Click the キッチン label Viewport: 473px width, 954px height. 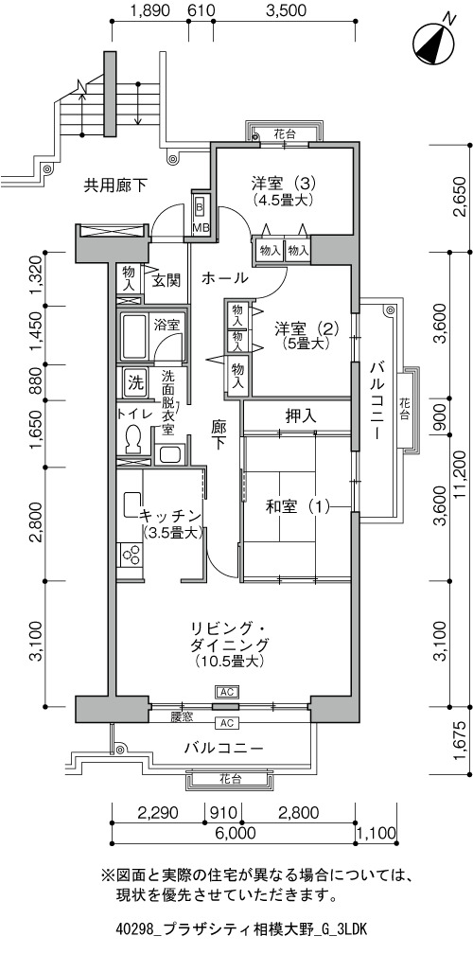coord(170,516)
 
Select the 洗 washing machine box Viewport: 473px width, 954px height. coord(135,382)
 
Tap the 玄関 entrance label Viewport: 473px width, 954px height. coord(166,281)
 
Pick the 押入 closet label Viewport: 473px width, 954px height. coord(301,416)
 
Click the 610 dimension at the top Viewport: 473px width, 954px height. coord(201,9)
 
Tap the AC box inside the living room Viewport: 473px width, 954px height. coord(227,692)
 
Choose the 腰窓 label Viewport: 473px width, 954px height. coord(182,716)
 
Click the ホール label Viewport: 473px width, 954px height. coord(224,278)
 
